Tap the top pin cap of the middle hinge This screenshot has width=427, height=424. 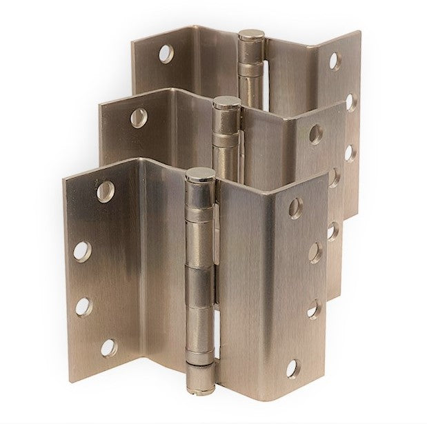(x=226, y=104)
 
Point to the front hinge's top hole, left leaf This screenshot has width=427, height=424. (x=105, y=191)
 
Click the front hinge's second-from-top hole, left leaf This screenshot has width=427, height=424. (x=82, y=251)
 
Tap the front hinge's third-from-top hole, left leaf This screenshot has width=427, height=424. (x=83, y=306)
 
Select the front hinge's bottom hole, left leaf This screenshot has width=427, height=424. (x=108, y=347)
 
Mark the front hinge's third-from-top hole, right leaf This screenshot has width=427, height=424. (x=313, y=310)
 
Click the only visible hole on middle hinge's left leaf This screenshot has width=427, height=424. (x=139, y=117)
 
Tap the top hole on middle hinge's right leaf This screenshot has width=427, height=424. (x=316, y=134)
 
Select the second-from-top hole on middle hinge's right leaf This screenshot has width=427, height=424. (x=334, y=176)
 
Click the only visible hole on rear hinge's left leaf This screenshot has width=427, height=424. (x=166, y=54)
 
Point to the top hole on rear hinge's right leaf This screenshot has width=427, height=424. (x=335, y=61)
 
